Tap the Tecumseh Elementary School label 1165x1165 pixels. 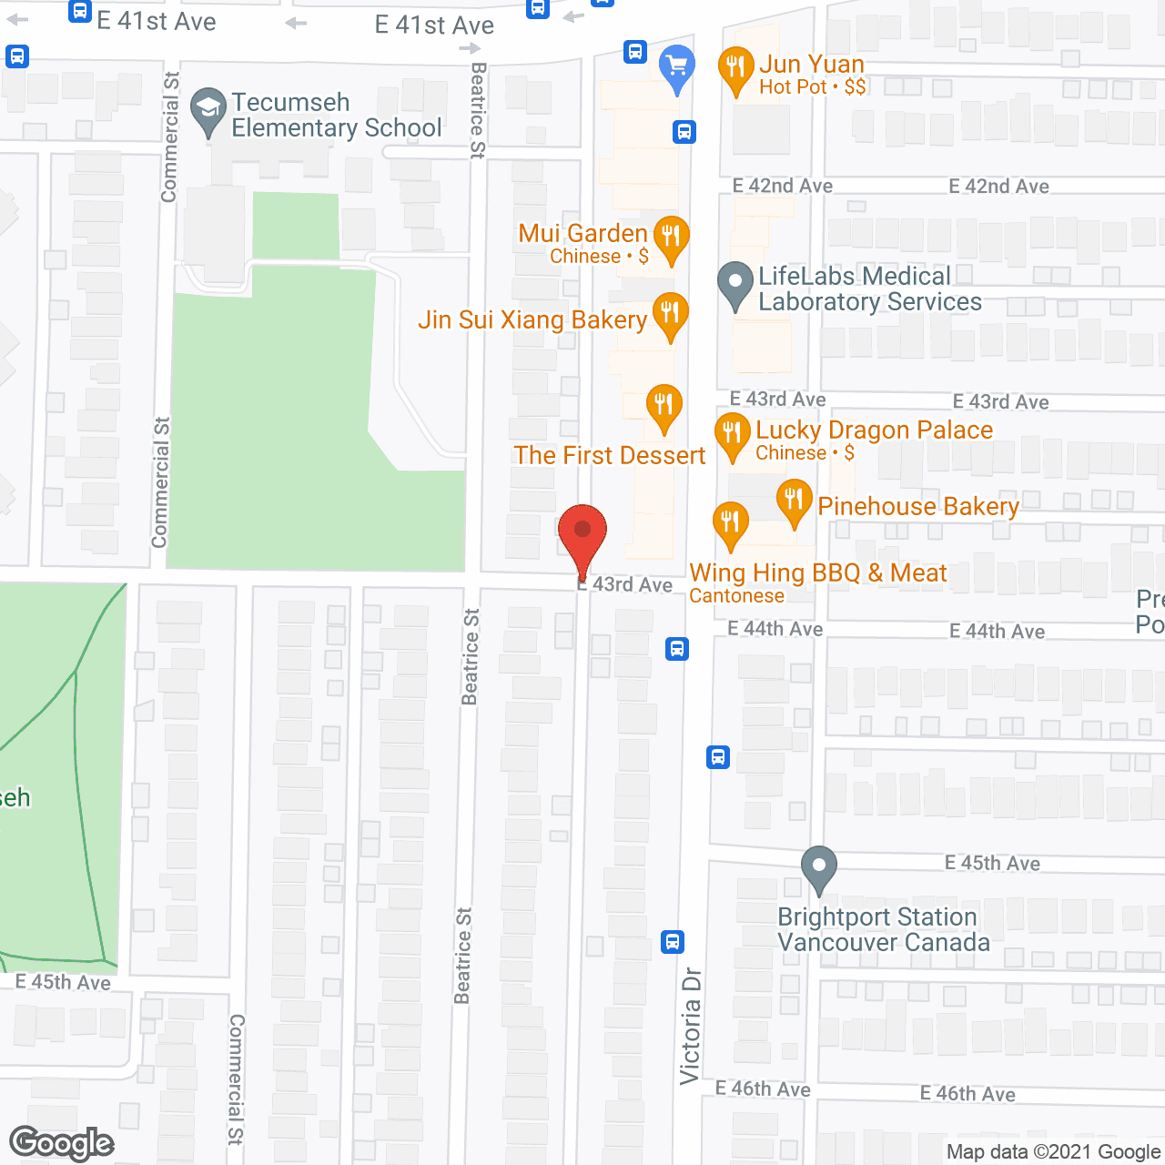(x=336, y=115)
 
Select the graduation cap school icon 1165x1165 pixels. (x=208, y=110)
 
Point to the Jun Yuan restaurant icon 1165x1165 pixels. (x=735, y=69)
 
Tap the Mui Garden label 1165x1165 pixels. (x=582, y=234)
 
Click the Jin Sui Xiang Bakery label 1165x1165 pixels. (x=532, y=319)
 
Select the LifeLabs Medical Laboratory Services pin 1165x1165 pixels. (x=735, y=285)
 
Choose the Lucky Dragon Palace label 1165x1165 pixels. (x=874, y=431)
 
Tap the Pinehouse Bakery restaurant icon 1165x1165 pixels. (x=794, y=501)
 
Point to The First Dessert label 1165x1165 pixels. (x=609, y=455)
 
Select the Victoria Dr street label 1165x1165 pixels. (x=691, y=1025)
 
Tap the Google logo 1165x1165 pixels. (x=62, y=1143)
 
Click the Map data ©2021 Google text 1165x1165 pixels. (x=1053, y=1151)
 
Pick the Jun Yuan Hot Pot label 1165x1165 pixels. (x=812, y=75)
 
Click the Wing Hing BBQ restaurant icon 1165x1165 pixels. (x=730, y=525)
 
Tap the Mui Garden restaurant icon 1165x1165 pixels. (x=671, y=238)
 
